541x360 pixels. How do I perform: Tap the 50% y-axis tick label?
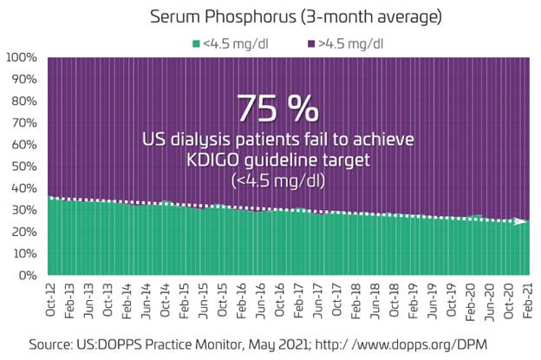pyautogui.click(x=24, y=166)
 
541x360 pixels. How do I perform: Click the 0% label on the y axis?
pyautogui.click(x=28, y=275)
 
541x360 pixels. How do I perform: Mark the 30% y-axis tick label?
pyautogui.click(x=24, y=210)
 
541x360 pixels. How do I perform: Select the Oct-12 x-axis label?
pyautogui.click(x=54, y=298)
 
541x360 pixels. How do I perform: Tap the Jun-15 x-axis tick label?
pyautogui.click(x=202, y=298)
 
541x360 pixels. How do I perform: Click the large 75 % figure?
pyautogui.click(x=277, y=108)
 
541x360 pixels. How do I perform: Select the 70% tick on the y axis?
pyautogui.click(x=24, y=122)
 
